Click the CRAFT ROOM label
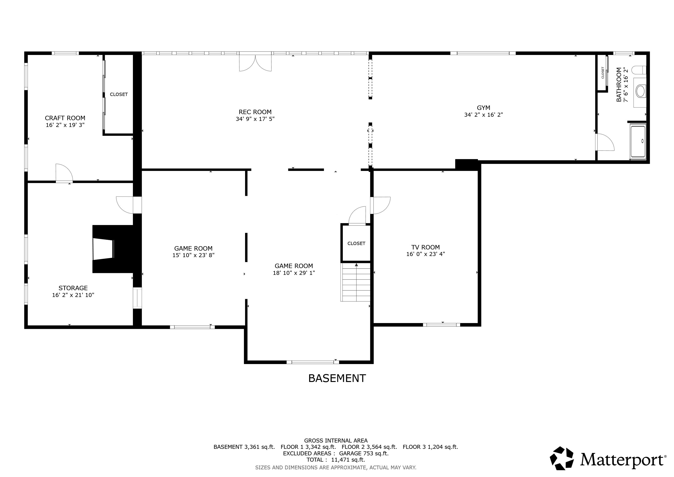(65, 118)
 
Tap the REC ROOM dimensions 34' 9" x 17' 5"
(255, 119)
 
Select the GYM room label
(483, 108)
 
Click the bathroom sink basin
(640, 91)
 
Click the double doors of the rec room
(255, 63)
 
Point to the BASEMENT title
(337, 378)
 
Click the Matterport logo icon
(562, 458)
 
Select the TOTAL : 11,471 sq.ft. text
(336, 460)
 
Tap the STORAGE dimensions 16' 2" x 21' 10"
(73, 295)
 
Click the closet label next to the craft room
(119, 94)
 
